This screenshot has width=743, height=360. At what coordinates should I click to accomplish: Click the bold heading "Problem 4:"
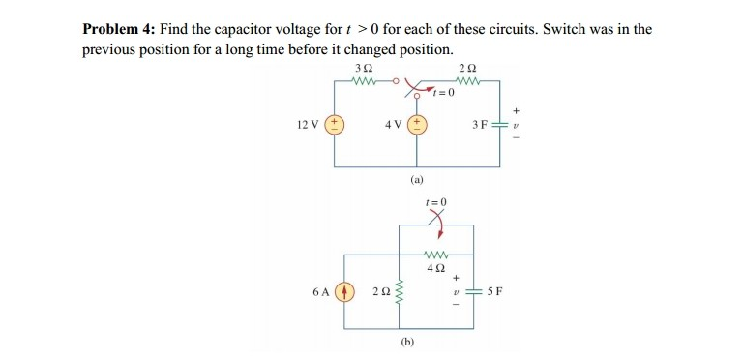[118, 29]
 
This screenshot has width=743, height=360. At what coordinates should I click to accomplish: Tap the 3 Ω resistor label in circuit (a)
[362, 68]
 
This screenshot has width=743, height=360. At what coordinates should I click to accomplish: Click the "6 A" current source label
[322, 289]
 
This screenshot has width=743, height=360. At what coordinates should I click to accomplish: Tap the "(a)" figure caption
[417, 180]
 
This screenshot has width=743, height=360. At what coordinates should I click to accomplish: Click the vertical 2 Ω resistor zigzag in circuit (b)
[399, 289]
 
